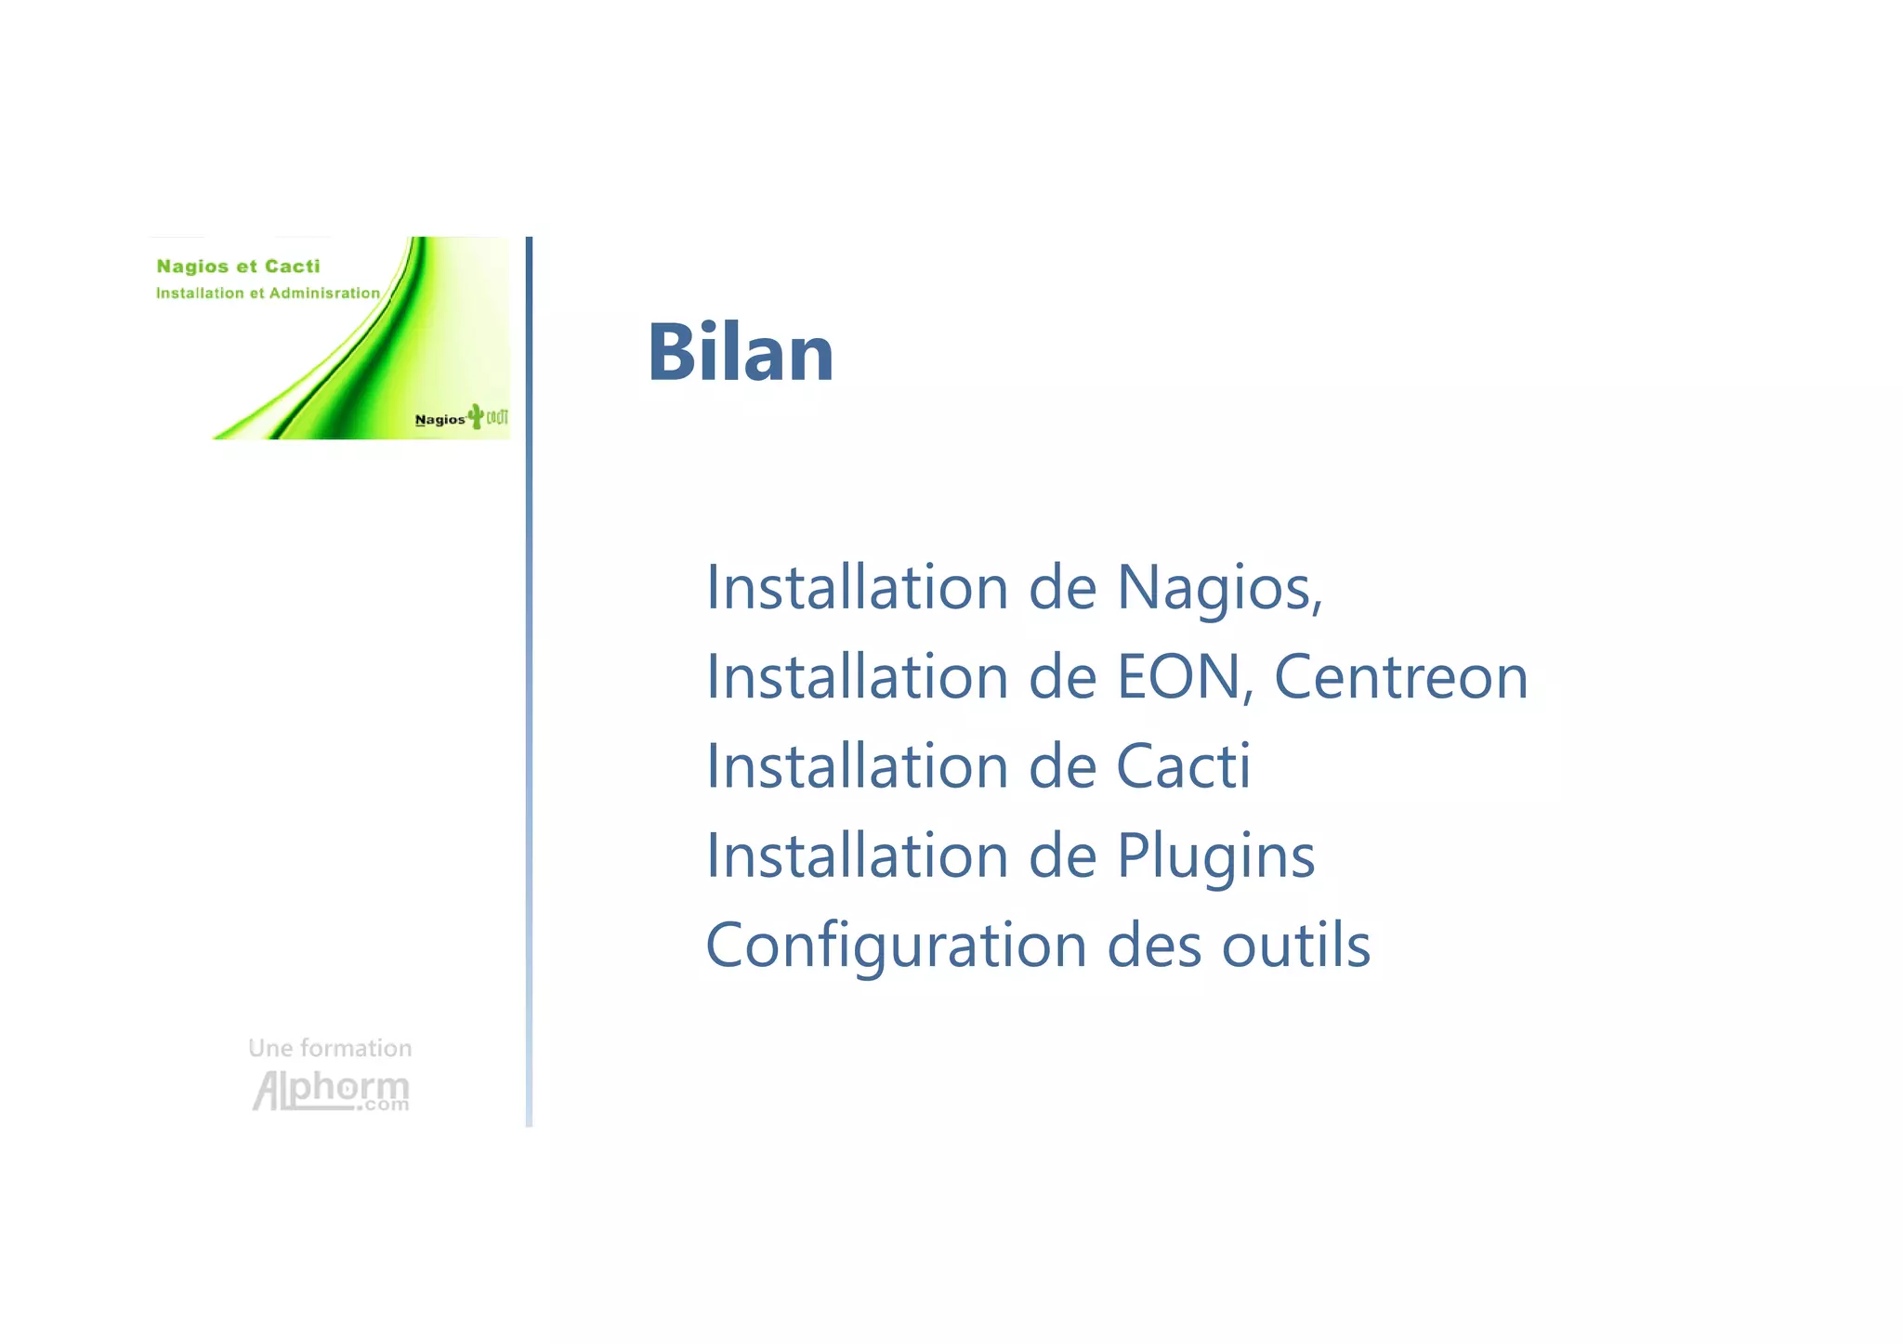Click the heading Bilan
click(x=741, y=352)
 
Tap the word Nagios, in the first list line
click(x=1219, y=589)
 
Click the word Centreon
click(x=1400, y=677)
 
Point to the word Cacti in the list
click(x=1183, y=766)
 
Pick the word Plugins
click(x=1215, y=856)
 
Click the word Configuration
click(x=896, y=946)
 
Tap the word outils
click(x=1295, y=946)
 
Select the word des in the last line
click(x=1155, y=946)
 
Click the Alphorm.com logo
click(x=331, y=1090)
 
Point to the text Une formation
click(x=330, y=1048)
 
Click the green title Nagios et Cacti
click(x=238, y=267)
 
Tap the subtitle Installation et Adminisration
click(x=268, y=294)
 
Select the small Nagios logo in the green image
click(x=440, y=420)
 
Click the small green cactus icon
click(x=476, y=415)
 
